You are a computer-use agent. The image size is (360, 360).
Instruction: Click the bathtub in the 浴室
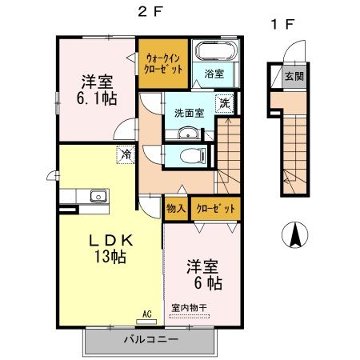pos(217,51)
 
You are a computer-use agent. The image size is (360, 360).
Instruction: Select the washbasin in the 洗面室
pos(188,133)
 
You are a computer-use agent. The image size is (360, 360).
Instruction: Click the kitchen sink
pos(98,196)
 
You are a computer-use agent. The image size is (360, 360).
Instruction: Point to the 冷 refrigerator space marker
pos(126,154)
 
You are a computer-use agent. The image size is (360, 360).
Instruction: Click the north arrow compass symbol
pos(295,235)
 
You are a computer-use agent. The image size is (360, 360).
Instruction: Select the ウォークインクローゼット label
pos(163,63)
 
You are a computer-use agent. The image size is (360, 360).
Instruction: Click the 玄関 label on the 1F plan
pos(294,77)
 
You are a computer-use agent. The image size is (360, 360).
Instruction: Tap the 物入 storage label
pos(176,209)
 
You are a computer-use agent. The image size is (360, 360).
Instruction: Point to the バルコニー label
pos(151,340)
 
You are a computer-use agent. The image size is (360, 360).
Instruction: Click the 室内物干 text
pos(189,308)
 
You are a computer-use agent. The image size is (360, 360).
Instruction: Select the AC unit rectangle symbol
pos(146,322)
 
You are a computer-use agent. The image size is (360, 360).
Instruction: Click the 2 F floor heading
pos(150,12)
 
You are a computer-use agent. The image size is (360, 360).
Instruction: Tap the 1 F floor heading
pos(282,25)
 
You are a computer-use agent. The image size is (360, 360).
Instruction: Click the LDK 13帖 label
pos(110,248)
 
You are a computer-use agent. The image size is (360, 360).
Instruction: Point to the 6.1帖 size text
pos(97,98)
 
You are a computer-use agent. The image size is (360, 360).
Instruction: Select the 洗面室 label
pos(189,114)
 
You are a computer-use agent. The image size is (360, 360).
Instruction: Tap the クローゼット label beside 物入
pos(216,209)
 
